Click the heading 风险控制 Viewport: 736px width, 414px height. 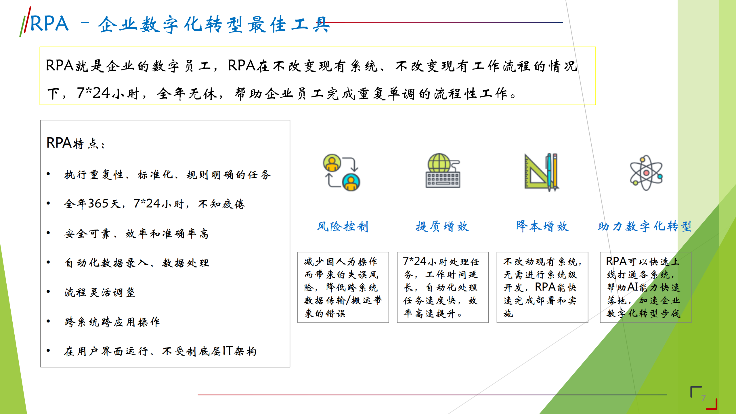(343, 226)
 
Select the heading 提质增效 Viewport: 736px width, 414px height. (442, 226)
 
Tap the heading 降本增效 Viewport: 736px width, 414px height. (542, 226)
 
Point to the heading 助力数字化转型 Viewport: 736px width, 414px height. (644, 226)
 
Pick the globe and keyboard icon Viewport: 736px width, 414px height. (443, 171)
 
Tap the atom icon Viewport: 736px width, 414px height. (646, 173)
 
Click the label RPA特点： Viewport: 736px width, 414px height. (75, 143)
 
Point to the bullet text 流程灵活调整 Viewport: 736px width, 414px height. (100, 292)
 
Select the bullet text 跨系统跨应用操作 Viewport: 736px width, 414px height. (112, 322)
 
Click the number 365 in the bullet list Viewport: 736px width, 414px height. (98, 204)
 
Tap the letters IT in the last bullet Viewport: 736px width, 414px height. (228, 351)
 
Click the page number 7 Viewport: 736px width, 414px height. (703, 398)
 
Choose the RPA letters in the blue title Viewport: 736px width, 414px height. (49, 24)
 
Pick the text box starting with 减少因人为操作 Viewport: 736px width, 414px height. (343, 287)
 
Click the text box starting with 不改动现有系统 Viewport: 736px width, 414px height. (542, 287)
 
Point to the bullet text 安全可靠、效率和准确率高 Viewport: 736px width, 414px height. (137, 234)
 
